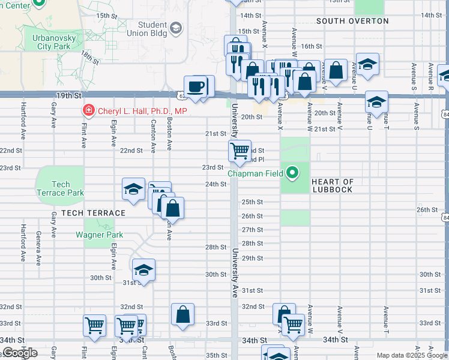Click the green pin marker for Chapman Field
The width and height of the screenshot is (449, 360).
292,174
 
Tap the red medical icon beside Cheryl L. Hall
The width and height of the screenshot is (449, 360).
88,110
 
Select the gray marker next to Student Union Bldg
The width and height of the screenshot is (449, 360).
176,28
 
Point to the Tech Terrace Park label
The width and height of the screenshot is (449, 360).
60,188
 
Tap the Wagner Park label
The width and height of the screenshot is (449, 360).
99,235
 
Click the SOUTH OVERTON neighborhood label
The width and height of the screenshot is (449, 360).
352,21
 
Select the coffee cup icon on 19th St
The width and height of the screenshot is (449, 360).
196,86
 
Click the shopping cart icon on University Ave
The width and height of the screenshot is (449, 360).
240,150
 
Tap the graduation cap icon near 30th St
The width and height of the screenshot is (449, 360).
143,270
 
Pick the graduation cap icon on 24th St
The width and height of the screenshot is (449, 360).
133,190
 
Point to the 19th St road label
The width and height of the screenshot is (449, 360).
68,95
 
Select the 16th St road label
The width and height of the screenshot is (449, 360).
312,46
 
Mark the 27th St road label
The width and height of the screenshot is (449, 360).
252,230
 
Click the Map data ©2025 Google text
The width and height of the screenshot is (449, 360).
412,355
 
